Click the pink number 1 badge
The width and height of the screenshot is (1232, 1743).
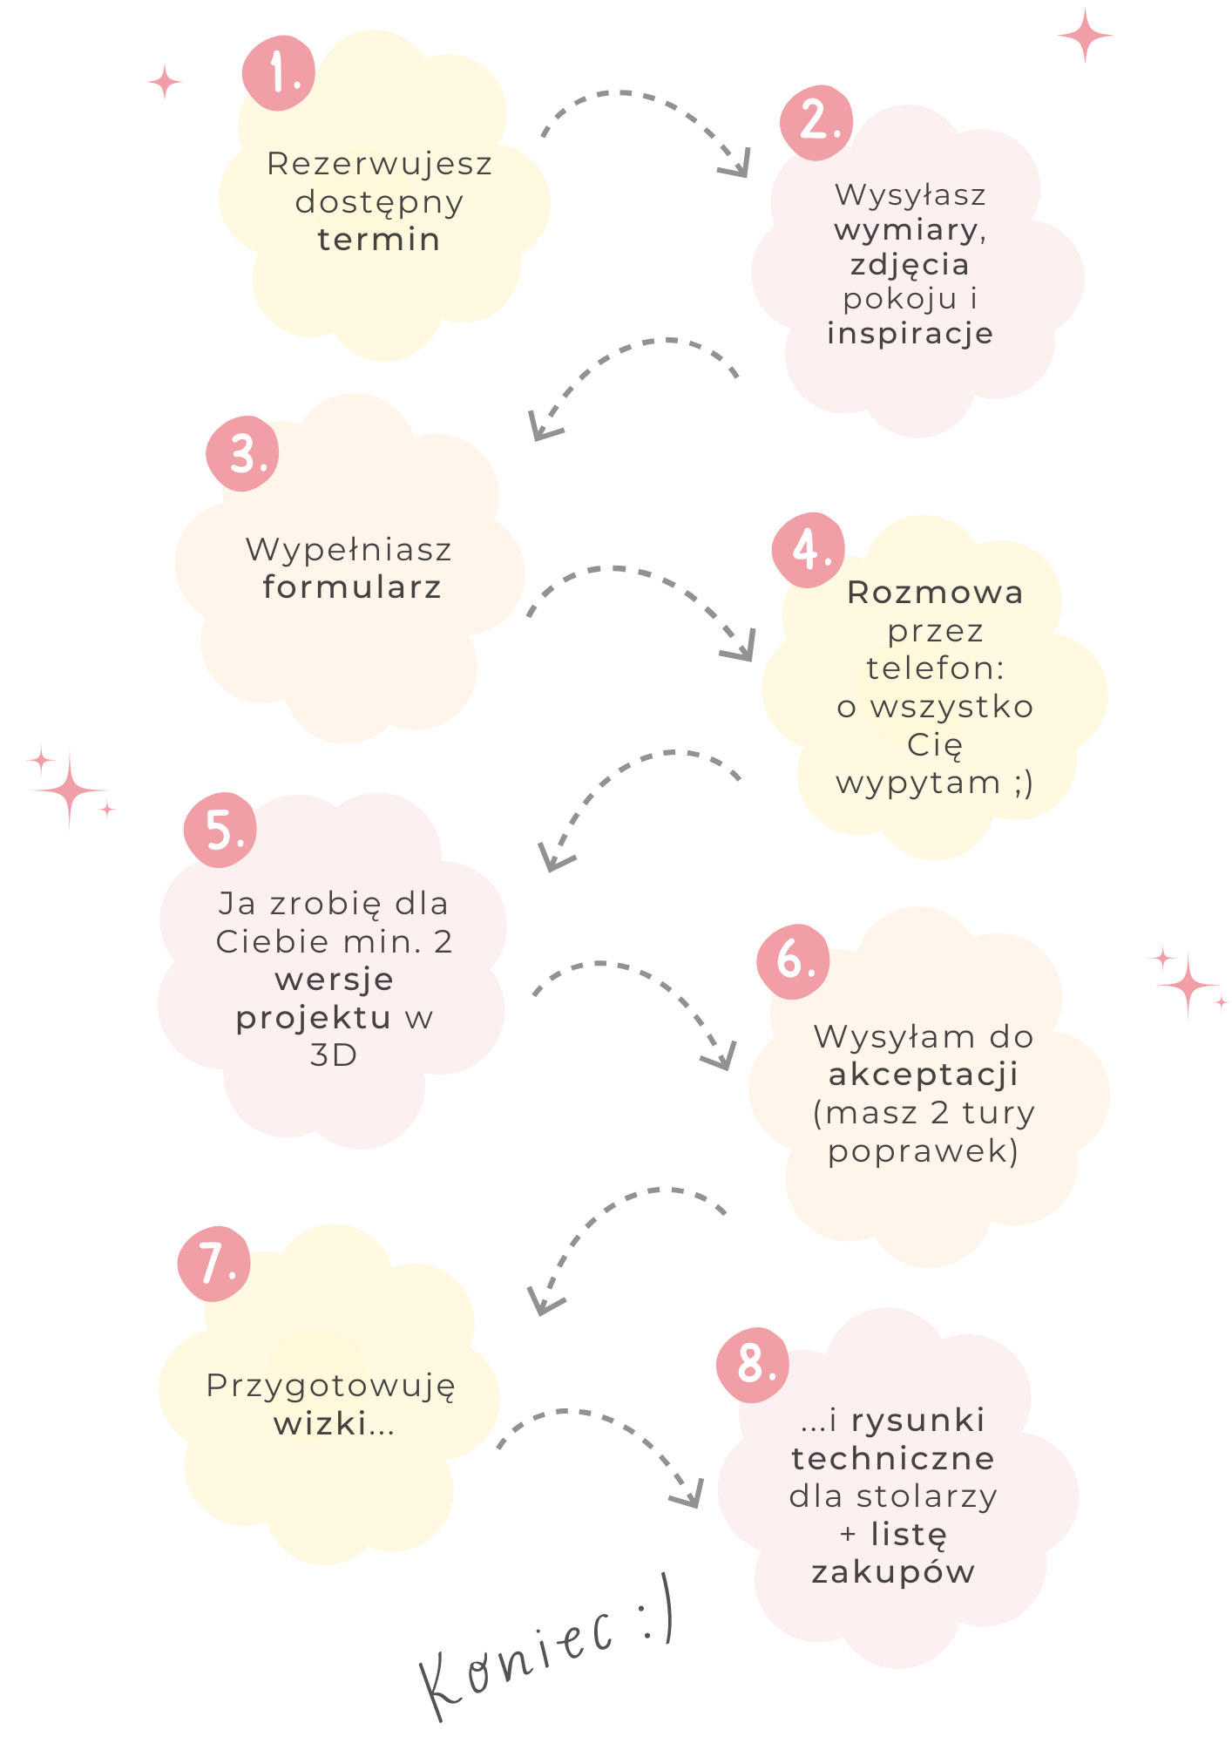[279, 72]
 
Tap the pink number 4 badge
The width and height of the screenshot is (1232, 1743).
[809, 549]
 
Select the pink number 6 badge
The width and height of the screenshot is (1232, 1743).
[793, 960]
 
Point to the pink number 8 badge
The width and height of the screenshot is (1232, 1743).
[753, 1365]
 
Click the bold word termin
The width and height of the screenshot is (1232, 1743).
[379, 240]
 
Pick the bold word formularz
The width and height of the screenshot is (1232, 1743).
[352, 587]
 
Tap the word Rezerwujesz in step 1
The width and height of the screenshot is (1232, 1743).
[380, 164]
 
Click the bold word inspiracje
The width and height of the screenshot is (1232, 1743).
[910, 334]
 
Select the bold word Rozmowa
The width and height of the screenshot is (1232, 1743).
[935, 593]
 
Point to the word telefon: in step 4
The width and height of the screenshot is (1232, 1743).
[935, 668]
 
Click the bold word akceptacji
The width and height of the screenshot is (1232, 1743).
[924, 1075]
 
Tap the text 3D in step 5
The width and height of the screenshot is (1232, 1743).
[334, 1055]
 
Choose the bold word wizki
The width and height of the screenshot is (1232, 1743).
[321, 1424]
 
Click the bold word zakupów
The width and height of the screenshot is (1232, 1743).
[893, 1572]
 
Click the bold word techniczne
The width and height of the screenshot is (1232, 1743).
[893, 1458]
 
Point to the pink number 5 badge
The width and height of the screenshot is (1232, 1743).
[220, 830]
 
